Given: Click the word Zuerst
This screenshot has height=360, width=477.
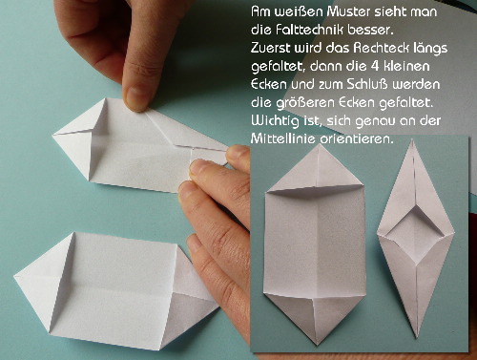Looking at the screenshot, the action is [270, 48].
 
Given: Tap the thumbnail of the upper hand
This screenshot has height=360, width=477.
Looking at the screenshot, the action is [136, 97].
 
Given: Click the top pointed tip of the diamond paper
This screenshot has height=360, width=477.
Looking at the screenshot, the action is [412, 140].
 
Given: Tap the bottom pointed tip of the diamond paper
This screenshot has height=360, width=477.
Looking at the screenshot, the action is [417, 337].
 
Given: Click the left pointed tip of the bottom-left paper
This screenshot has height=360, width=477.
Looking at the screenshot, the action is [15, 276].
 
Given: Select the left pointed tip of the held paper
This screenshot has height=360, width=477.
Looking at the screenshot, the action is [53, 135].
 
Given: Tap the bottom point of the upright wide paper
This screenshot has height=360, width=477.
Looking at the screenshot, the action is [317, 345].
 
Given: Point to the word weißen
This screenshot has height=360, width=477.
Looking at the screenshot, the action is [298, 11].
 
